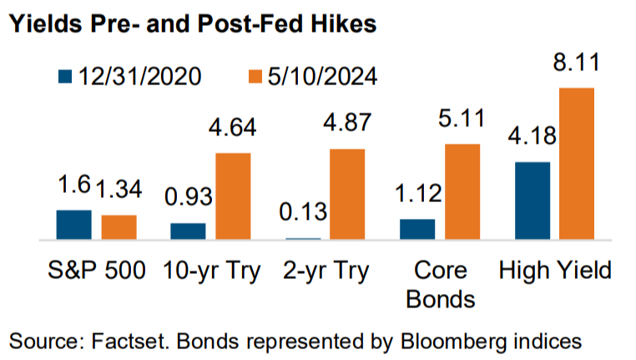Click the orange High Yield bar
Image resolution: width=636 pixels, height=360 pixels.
tap(577, 164)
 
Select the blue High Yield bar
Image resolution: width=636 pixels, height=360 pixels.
tap(533, 200)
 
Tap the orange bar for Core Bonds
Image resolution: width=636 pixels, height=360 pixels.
tap(462, 191)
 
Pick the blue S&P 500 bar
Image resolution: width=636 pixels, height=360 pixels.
tap(73, 225)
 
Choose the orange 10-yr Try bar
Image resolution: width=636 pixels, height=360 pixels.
tap(233, 196)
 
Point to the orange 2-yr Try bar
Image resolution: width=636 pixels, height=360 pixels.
tap(347, 194)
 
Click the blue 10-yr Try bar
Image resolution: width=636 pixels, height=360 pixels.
tap(188, 231)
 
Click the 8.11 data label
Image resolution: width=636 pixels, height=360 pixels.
tap(577, 63)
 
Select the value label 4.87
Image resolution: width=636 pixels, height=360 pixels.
tap(347, 122)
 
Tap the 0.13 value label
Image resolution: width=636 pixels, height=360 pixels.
tap(303, 212)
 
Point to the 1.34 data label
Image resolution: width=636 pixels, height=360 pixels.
tap(119, 189)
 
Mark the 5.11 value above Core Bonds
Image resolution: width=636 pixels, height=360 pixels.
tap(462, 118)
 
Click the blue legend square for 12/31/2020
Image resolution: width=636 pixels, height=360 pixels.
tap(65, 76)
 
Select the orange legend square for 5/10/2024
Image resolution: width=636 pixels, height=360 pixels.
tap(255, 76)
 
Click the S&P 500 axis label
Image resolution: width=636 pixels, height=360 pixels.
tap(97, 271)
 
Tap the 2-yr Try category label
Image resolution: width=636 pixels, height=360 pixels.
tap(326, 271)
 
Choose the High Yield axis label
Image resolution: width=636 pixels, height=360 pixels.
tap(555, 271)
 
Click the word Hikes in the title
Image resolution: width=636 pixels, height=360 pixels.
tap(344, 23)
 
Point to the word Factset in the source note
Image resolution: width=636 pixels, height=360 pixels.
tap(129, 341)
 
